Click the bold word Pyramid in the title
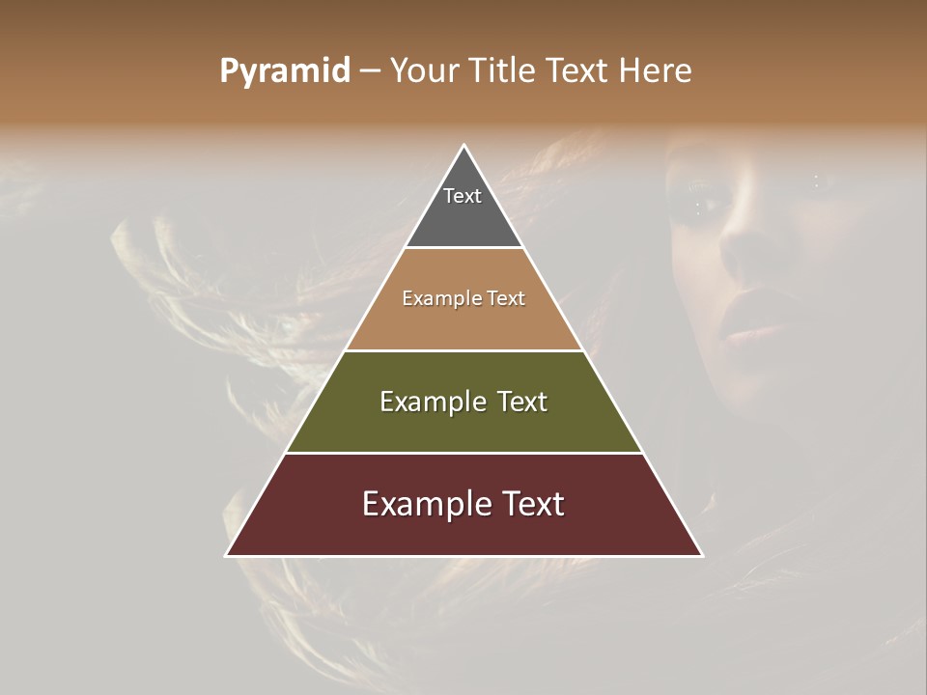tap(284, 70)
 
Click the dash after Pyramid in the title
tap(370, 70)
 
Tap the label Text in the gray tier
tap(463, 196)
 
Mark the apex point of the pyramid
tap(463, 146)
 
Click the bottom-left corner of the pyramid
tap(227, 555)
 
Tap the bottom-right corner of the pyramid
tap(701, 555)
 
